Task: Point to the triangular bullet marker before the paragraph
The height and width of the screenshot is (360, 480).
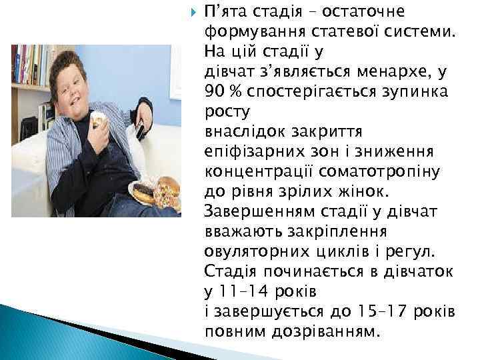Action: (195, 12)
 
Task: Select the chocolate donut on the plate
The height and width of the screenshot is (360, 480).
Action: (143, 193)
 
